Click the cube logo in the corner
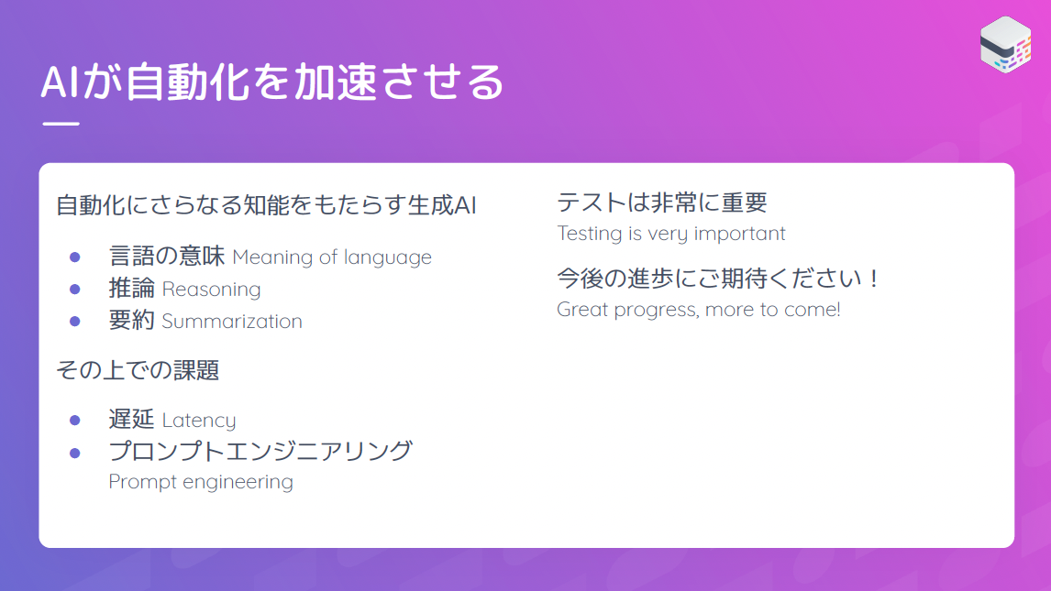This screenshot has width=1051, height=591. [1005, 44]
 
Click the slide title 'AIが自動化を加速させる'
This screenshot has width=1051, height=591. [272, 82]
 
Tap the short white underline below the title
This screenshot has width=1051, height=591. [61, 124]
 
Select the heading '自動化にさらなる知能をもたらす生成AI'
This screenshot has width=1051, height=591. [266, 205]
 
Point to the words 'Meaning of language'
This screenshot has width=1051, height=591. [332, 257]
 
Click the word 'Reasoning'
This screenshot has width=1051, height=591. [211, 290]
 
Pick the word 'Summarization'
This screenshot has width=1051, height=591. [232, 322]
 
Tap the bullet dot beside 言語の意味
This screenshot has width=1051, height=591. [75, 257]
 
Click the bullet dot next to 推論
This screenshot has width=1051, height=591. [75, 290]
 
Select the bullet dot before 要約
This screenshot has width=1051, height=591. [75, 322]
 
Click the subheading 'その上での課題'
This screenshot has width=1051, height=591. [138, 370]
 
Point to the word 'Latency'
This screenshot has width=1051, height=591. [199, 421]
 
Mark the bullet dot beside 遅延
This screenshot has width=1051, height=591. [75, 421]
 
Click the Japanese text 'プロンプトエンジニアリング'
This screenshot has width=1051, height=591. [260, 451]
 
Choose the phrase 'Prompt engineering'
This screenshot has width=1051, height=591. [201, 482]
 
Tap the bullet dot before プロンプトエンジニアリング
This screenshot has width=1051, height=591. [75, 454]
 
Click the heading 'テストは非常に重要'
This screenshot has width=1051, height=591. [662, 202]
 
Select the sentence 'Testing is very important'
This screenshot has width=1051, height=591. [671, 234]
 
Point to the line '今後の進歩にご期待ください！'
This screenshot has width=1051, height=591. [719, 279]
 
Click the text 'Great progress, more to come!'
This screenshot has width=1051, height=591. [699, 309]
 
